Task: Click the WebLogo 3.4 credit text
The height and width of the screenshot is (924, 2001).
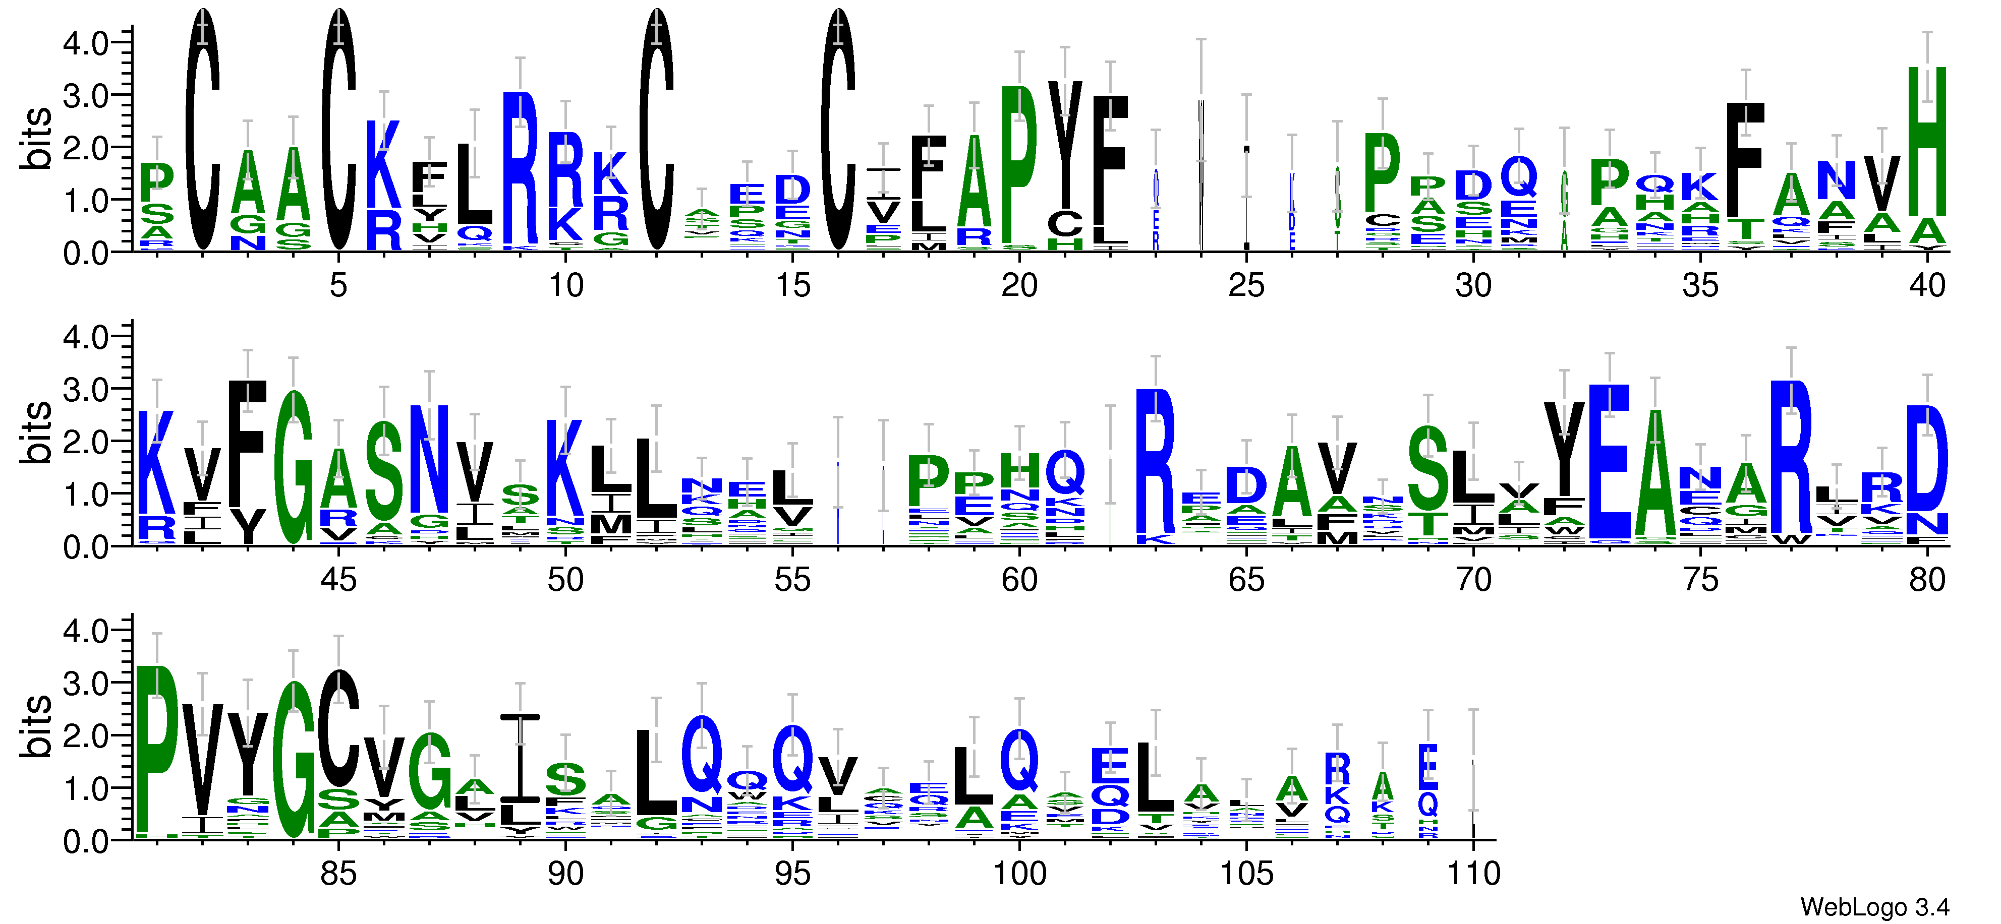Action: pyautogui.click(x=1873, y=906)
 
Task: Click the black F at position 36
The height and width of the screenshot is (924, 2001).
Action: pyautogui.click(x=1745, y=159)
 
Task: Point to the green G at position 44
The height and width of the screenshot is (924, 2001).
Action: pyautogui.click(x=294, y=466)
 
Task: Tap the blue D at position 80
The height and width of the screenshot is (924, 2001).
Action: pyautogui.click(x=1927, y=458)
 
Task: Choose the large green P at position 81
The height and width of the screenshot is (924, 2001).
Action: pyautogui.click(x=157, y=749)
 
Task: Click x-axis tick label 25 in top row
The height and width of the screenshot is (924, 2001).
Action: pyautogui.click(x=1246, y=286)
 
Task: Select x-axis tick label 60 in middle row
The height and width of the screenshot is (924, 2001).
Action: pyautogui.click(x=1019, y=580)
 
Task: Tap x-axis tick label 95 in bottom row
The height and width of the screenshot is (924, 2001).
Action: pyautogui.click(x=792, y=874)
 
